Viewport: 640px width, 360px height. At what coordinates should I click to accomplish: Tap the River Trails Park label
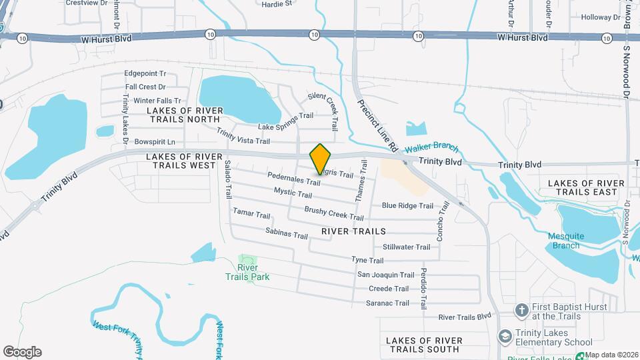(247, 271)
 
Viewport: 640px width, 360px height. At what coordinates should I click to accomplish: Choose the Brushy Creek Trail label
(334, 213)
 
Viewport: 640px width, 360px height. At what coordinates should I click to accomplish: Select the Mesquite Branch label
(565, 241)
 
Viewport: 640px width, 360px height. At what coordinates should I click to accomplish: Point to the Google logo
(22, 351)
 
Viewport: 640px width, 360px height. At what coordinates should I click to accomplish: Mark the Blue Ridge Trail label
(407, 206)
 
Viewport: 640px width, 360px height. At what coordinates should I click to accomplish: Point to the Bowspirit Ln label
(154, 142)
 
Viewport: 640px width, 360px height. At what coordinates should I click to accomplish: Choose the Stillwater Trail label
(406, 247)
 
